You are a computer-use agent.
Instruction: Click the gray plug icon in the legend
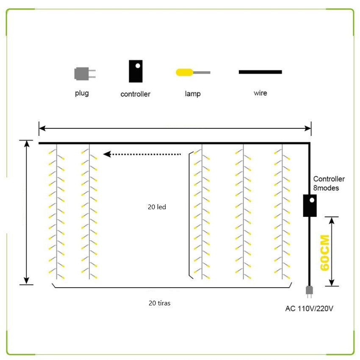[85, 74]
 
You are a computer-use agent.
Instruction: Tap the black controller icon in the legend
[136, 71]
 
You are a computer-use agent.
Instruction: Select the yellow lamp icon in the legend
[193, 72]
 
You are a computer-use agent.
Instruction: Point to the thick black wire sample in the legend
[260, 72]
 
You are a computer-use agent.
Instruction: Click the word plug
[82, 93]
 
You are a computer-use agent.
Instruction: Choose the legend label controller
[135, 94]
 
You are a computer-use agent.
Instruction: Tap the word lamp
[193, 94]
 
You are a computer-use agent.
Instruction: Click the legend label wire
[260, 93]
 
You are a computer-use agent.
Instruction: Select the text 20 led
[157, 207]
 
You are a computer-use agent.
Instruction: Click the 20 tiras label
[159, 303]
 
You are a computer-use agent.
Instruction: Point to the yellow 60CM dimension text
[325, 252]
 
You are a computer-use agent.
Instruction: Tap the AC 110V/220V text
[309, 308]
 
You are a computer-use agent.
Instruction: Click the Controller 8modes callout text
[329, 183]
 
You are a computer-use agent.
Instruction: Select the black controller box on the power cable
[310, 205]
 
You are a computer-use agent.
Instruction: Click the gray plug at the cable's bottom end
[309, 291]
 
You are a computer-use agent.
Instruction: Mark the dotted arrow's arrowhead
[107, 154]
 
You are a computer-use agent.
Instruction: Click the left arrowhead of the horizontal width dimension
[42, 128]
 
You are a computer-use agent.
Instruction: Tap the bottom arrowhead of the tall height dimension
[27, 281]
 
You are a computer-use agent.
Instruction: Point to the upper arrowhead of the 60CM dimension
[332, 221]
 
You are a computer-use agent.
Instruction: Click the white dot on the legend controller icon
[138, 66]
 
